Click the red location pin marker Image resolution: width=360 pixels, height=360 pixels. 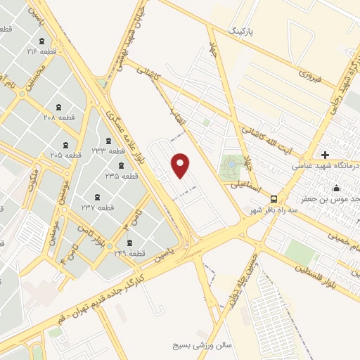[x=181, y=165]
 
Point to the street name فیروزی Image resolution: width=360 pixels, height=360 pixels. [x=309, y=73]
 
